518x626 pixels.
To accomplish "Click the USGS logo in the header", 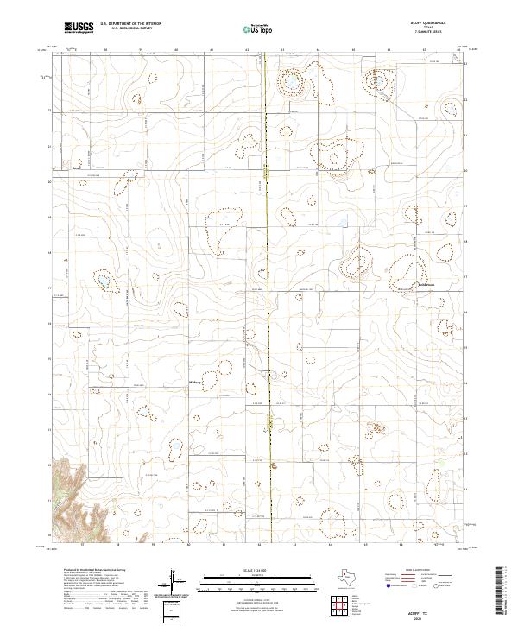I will pos(79,28).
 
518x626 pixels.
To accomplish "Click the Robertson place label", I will pos(407,283).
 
